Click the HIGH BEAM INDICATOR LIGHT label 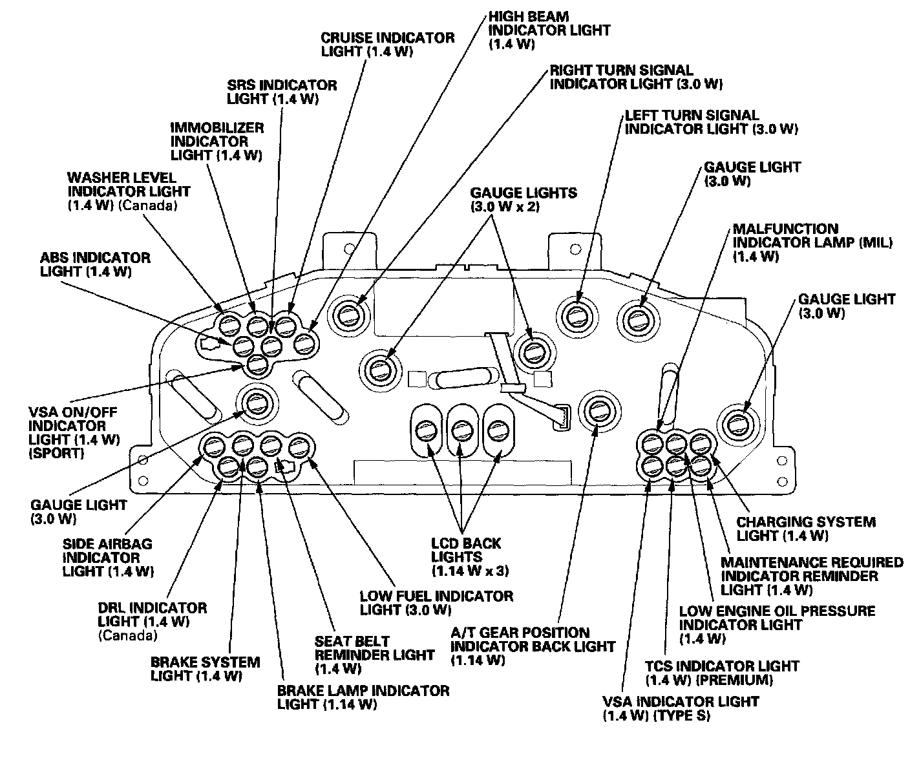pos(549,30)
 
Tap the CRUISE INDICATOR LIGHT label pos(387,45)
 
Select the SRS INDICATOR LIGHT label pos(282,92)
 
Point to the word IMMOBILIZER pos(208,127)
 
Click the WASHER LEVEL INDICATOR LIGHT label pos(129,191)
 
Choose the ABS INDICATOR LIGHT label pos(95,264)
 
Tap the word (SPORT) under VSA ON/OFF pos(56,453)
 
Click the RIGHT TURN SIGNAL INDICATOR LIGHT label pos(635,77)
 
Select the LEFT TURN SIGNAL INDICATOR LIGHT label pos(710,122)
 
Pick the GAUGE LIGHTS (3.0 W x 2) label pos(523,200)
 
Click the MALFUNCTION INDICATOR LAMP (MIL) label pos(812,242)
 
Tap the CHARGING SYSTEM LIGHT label pos(805,529)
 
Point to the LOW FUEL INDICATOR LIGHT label pos(436,602)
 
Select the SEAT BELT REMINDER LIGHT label pos(374,655)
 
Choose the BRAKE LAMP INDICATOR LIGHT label pos(363,697)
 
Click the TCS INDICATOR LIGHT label pos(721,673)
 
